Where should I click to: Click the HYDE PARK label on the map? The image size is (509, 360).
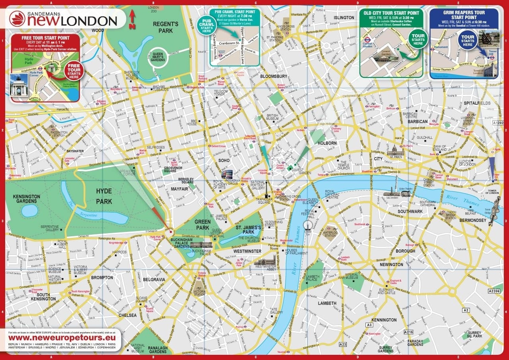(104, 196)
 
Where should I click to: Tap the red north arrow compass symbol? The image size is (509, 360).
(132, 20)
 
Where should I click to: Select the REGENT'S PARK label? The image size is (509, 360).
(165, 27)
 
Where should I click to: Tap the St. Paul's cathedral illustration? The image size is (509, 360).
(395, 150)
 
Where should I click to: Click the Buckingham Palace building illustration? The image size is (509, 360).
(201, 245)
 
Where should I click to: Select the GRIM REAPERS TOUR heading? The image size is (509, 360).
(464, 15)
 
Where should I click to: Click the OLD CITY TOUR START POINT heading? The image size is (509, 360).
(391, 13)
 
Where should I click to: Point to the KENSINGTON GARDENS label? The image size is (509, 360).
(27, 199)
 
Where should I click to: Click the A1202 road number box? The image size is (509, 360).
(498, 123)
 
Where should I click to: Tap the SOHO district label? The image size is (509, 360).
(224, 161)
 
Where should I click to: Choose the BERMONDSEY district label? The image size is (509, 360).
(473, 220)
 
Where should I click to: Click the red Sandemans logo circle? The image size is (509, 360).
(17, 19)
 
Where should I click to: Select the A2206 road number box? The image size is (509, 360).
(493, 291)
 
